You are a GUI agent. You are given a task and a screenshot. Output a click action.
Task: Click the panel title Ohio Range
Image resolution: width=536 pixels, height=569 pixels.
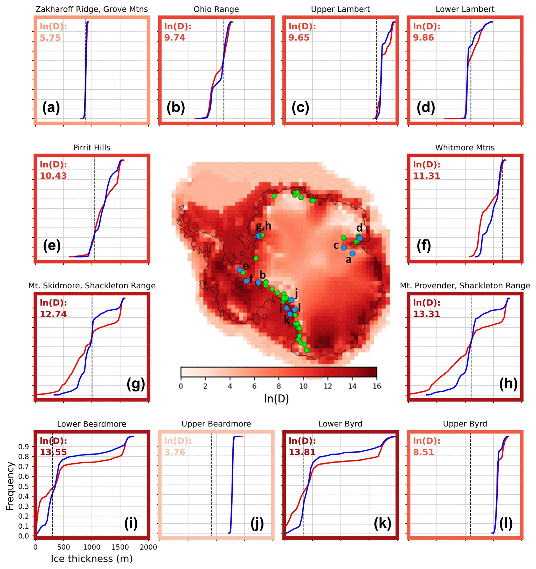coord(216,9)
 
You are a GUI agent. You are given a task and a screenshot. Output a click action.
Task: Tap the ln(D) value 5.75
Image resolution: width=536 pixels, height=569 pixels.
coord(50,38)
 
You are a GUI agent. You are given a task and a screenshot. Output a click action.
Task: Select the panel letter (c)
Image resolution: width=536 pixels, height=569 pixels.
coord(300,108)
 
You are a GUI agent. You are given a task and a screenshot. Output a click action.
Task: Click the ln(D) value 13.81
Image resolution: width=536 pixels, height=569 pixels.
coord(302,452)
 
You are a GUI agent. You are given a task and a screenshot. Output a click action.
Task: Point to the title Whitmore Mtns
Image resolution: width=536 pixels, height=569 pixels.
coord(465,147)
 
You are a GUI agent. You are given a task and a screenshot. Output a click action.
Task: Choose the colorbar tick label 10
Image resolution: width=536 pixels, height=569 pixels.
coord(303,386)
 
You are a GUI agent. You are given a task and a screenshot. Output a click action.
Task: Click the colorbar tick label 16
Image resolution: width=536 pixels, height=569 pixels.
coord(377,386)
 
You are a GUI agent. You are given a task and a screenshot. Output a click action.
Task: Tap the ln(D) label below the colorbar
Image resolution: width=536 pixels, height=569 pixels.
coord(276,399)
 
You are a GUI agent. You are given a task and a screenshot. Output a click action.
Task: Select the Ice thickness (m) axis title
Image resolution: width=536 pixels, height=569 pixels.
coord(92,558)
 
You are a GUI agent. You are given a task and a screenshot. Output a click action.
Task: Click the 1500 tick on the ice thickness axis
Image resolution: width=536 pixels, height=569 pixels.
coord(120,547)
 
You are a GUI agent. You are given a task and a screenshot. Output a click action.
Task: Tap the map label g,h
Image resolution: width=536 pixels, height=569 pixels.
coord(263,226)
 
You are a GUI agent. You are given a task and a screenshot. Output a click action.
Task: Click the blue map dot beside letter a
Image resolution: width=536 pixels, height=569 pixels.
coord(352,253)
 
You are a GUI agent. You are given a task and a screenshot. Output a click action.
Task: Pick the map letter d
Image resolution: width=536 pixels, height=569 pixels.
coord(359,228)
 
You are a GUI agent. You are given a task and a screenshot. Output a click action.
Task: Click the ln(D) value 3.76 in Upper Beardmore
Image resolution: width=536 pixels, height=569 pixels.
coord(175,452)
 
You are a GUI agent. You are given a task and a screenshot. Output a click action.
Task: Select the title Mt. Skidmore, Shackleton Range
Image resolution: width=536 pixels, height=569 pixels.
coord(92,285)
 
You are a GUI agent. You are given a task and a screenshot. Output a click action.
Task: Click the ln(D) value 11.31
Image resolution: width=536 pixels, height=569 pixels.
coord(426,175)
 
